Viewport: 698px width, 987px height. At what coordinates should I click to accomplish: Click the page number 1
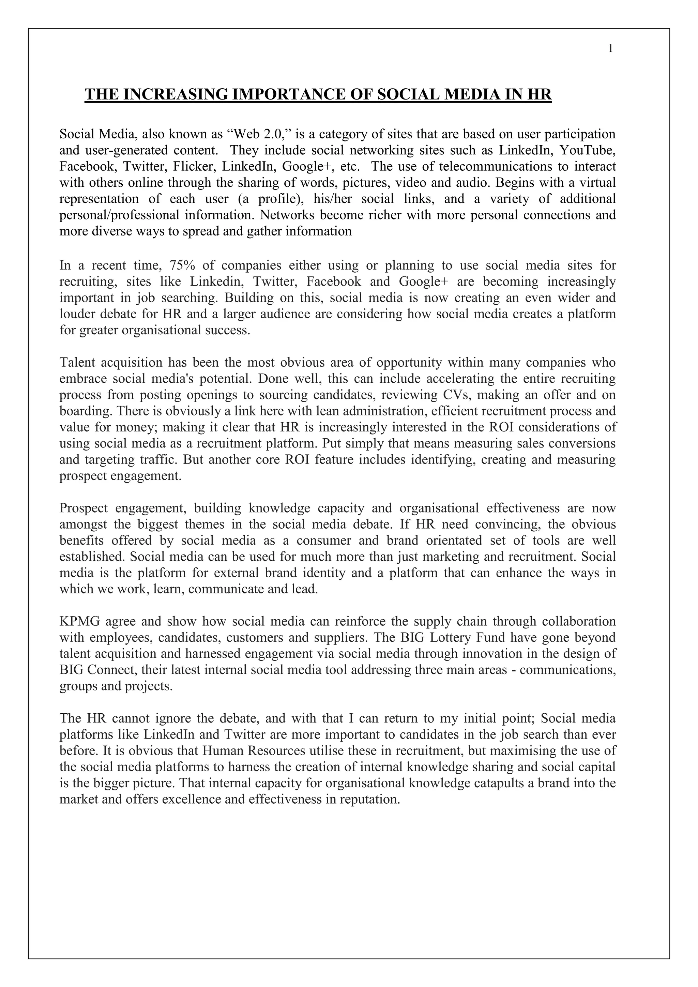click(x=610, y=49)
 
